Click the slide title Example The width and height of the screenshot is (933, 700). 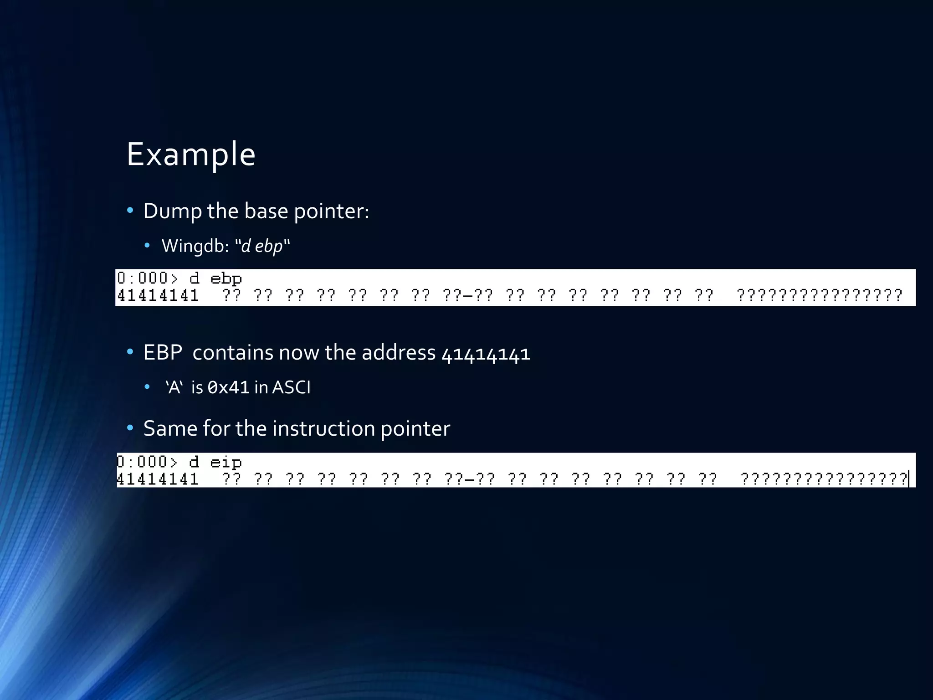click(190, 154)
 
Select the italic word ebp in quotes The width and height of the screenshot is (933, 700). click(268, 246)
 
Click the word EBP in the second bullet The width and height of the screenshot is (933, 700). click(163, 353)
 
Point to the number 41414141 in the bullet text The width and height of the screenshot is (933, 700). click(486, 354)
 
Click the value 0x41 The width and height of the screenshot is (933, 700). click(228, 388)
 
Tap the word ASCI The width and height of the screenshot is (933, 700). click(291, 388)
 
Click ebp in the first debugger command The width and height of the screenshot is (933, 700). click(226, 278)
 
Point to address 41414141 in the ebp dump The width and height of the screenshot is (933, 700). click(158, 296)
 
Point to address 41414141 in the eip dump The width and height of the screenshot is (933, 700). click(158, 479)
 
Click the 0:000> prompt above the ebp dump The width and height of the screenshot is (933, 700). click(147, 278)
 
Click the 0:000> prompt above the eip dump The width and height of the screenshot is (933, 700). click(147, 462)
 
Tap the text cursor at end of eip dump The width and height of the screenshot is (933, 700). click(908, 479)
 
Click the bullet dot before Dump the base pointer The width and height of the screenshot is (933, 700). click(130, 211)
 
